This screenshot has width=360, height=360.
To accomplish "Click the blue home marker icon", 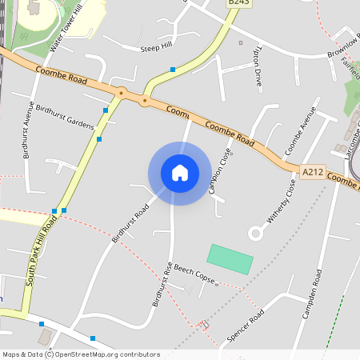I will coord(180,173).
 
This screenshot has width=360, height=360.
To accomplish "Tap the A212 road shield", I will coord(312,171).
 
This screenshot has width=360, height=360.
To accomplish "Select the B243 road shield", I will coord(238,3).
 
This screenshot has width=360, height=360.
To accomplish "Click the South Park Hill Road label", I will coord(40,250).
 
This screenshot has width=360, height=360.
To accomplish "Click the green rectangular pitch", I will coord(230,259).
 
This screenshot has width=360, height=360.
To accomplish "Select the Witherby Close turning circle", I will coord(256,233).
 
